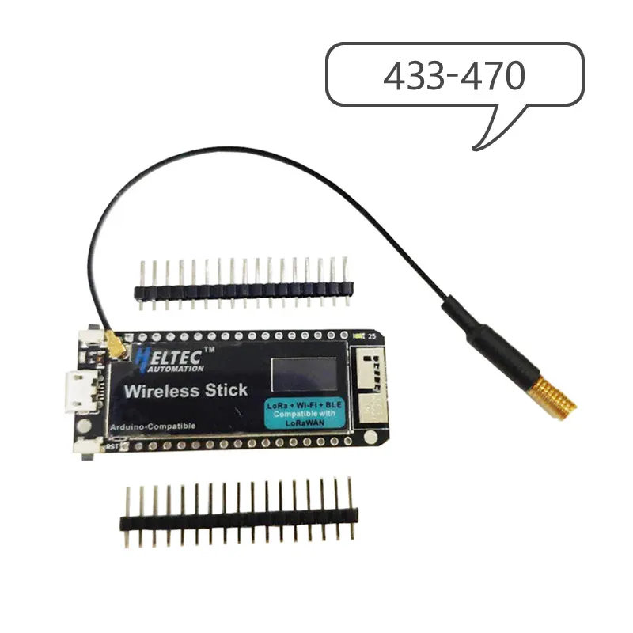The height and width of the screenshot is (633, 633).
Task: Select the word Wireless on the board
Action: tap(163, 390)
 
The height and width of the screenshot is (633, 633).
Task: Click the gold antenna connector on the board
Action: tap(114, 346)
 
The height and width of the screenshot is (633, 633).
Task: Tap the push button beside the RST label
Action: tap(84, 447)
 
